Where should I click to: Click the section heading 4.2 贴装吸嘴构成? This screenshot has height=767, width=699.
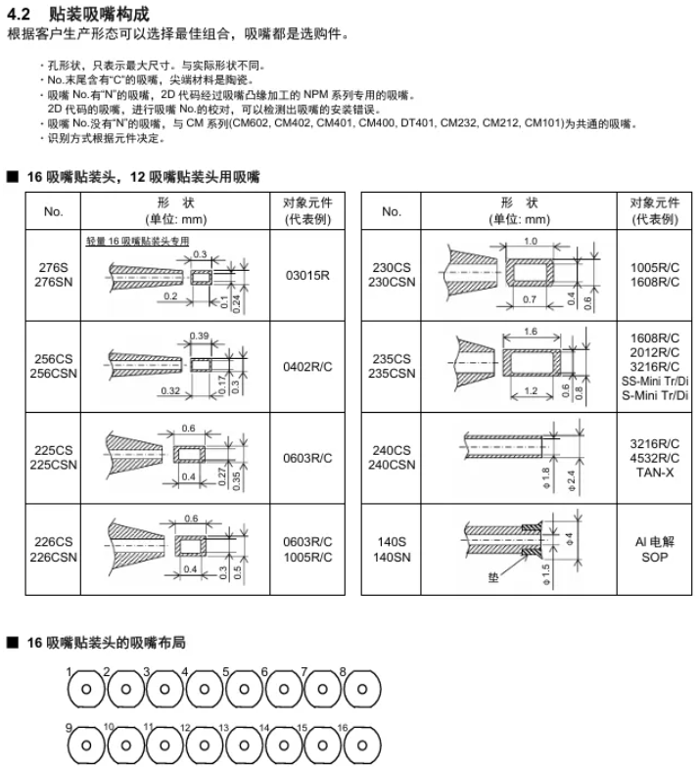click(x=79, y=15)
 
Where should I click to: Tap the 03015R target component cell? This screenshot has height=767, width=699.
click(x=307, y=275)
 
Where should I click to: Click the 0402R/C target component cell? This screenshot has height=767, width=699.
click(x=307, y=366)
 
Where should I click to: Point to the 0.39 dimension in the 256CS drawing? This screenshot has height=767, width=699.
click(x=199, y=336)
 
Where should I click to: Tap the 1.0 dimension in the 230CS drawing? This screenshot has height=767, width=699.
click(x=531, y=241)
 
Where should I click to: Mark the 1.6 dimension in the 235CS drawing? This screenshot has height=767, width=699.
click(x=531, y=332)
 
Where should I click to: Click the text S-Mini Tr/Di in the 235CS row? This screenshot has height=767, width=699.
click(x=655, y=394)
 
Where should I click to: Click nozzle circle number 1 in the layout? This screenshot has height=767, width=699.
click(x=86, y=688)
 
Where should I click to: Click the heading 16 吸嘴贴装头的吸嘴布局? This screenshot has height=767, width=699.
click(x=106, y=643)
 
